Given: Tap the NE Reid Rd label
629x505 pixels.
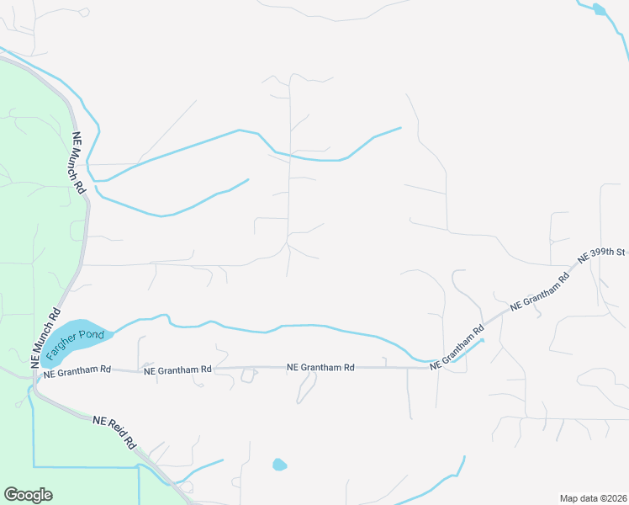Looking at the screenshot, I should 114,430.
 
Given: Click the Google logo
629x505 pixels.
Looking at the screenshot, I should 28,495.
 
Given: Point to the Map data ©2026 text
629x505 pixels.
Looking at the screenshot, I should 593,498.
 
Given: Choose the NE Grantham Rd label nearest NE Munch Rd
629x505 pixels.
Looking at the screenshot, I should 77,369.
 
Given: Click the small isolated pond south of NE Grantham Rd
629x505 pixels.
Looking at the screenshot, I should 279,465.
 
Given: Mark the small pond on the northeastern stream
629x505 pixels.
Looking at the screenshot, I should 599,9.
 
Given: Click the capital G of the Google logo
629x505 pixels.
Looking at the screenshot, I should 10,495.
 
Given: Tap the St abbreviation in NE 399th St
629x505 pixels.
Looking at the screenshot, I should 621,251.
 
